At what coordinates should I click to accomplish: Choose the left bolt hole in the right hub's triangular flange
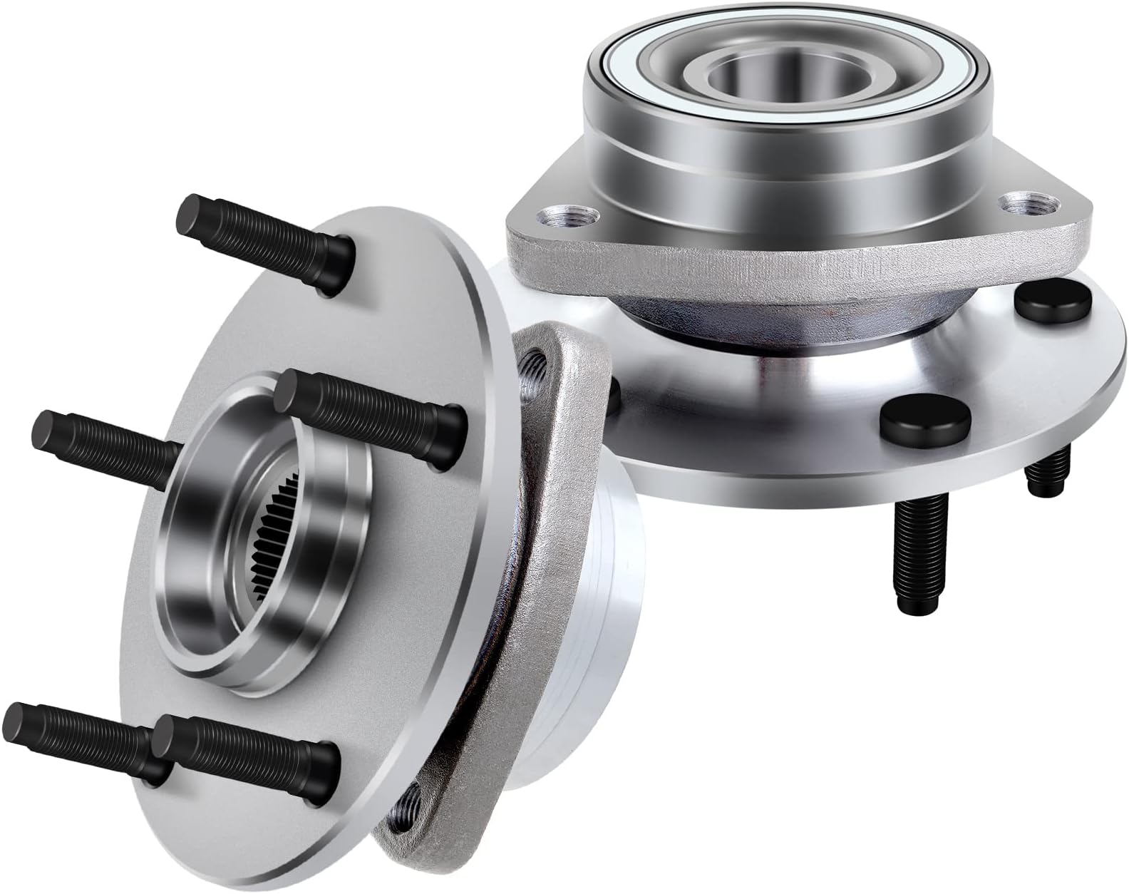(x=569, y=215)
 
